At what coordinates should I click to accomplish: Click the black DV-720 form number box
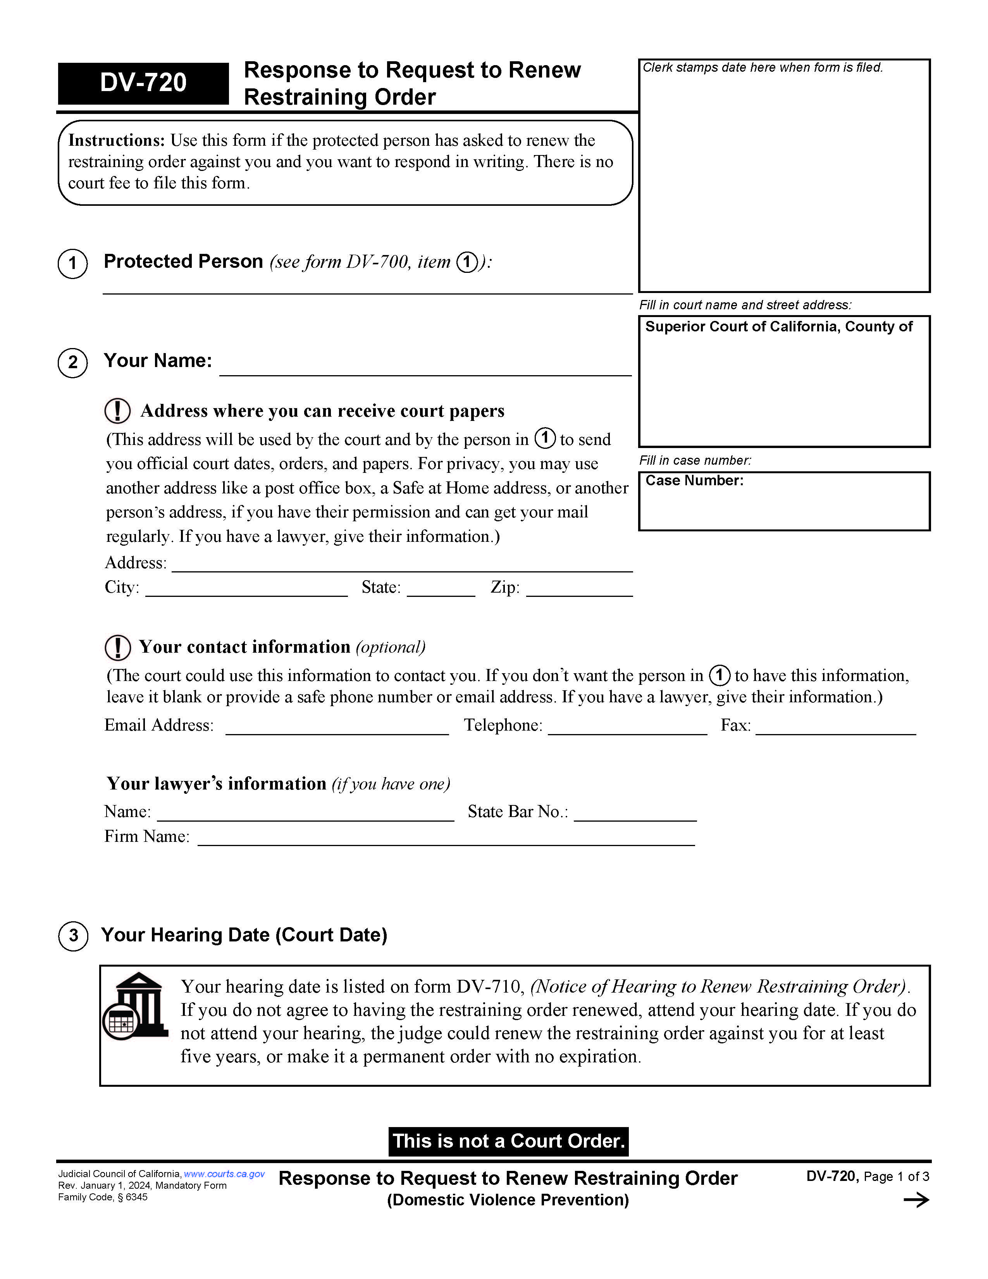click(143, 83)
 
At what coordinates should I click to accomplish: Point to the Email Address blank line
click(337, 728)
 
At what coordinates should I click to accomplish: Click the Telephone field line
click(627, 728)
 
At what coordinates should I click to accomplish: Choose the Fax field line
click(835, 728)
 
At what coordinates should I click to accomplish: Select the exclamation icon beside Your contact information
click(118, 647)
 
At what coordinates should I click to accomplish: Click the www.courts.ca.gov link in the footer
click(224, 1174)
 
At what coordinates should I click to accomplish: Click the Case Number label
click(694, 481)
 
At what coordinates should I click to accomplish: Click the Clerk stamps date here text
click(762, 68)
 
